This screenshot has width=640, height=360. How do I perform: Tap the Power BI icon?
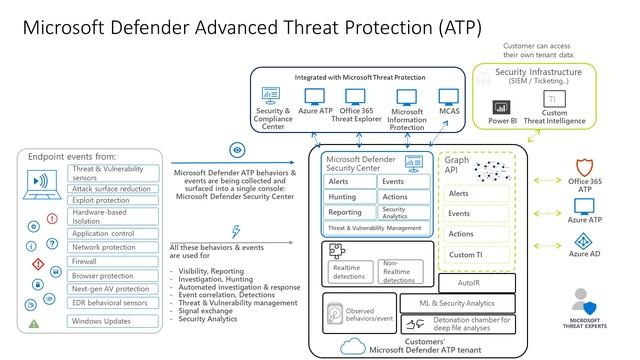[x=501, y=106]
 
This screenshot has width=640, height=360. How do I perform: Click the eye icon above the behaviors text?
[x=237, y=150]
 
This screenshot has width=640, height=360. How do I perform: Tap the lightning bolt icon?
[x=236, y=231]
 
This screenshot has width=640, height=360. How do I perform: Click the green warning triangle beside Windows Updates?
[x=35, y=323]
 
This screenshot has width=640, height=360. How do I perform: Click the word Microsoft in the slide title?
[x=64, y=23]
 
